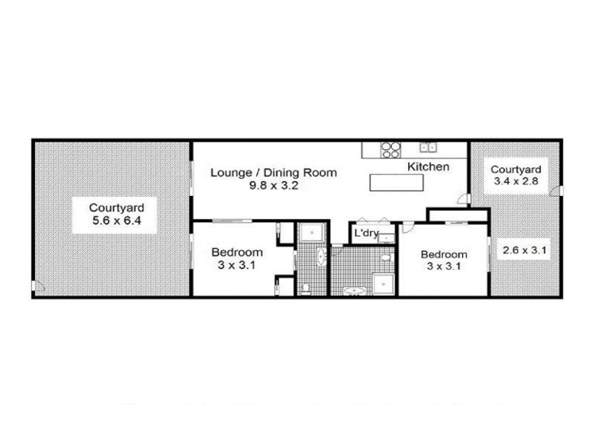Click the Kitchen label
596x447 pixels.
428,166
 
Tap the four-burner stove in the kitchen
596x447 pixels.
390,150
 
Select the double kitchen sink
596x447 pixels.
428,147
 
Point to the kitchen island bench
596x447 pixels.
396,183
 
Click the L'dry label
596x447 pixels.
367,233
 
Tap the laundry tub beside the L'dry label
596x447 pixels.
386,238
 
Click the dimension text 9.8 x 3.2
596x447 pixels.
273,186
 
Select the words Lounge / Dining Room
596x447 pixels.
273,173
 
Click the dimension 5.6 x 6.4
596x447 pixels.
117,220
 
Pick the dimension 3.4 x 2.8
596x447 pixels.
516,181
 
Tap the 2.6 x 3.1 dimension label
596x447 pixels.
524,250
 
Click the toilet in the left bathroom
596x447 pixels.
305,289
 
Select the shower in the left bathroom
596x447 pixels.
311,232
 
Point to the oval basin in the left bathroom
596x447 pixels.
321,256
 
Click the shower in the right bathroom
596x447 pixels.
383,284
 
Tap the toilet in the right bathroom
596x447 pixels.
387,258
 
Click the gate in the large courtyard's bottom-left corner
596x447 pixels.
38,286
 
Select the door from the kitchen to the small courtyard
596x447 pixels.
464,199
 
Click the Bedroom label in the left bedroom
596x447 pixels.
237,252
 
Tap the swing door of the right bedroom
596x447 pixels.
407,227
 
